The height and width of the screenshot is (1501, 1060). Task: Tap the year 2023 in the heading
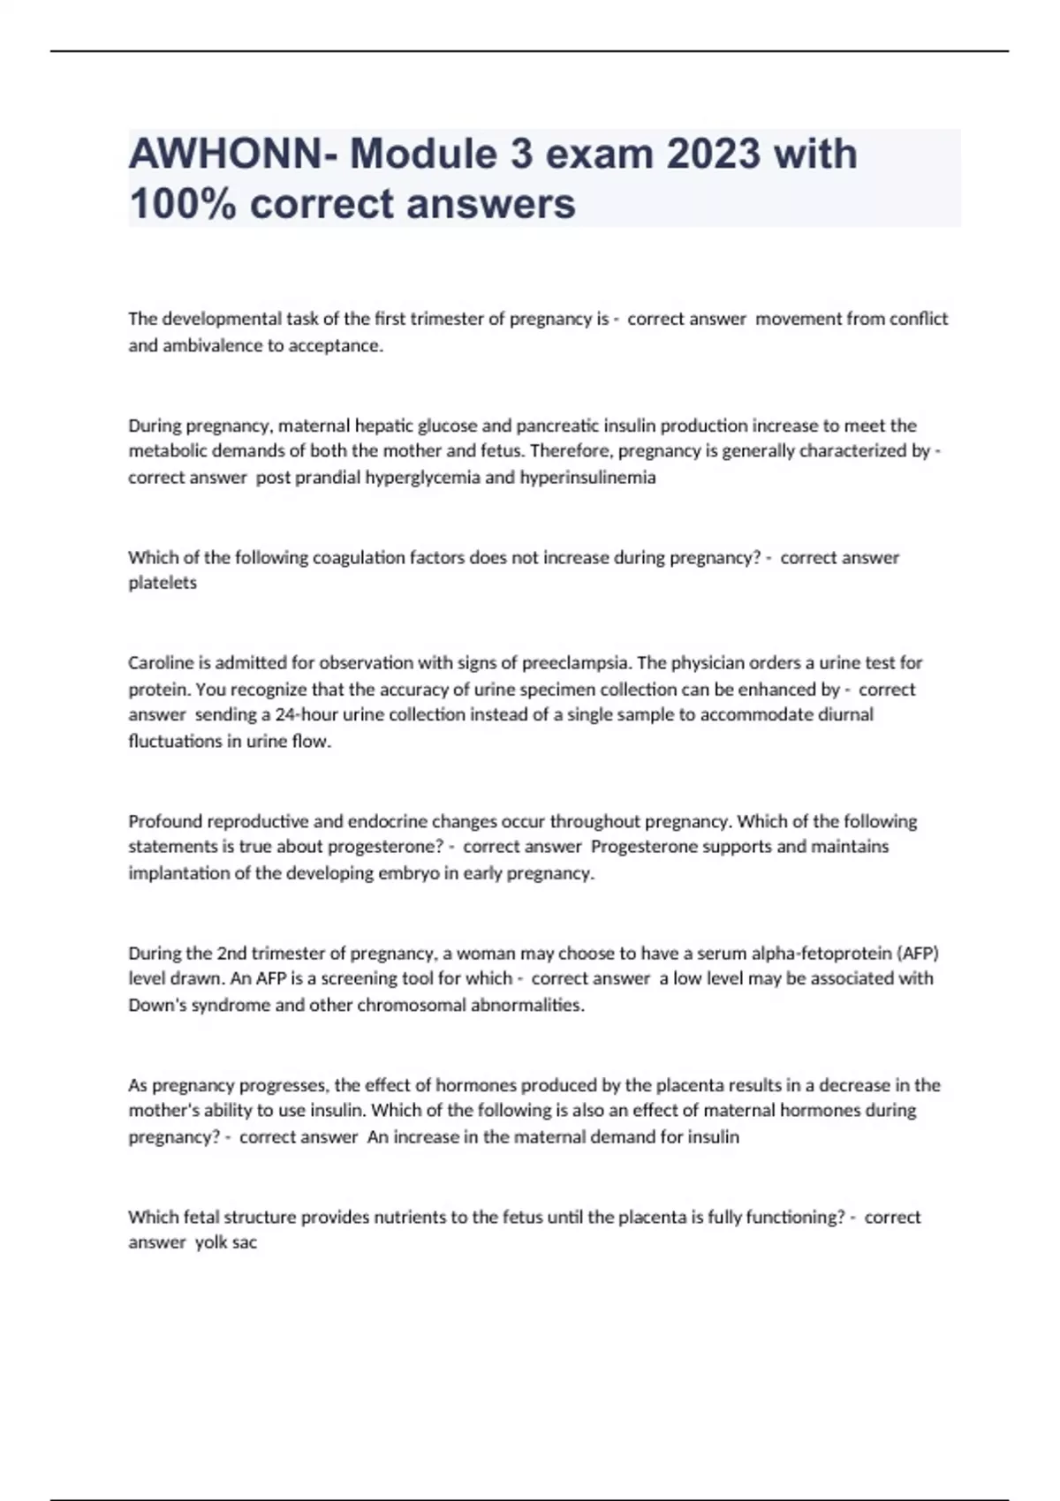pos(714,154)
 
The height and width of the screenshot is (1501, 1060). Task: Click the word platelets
pos(163,583)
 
